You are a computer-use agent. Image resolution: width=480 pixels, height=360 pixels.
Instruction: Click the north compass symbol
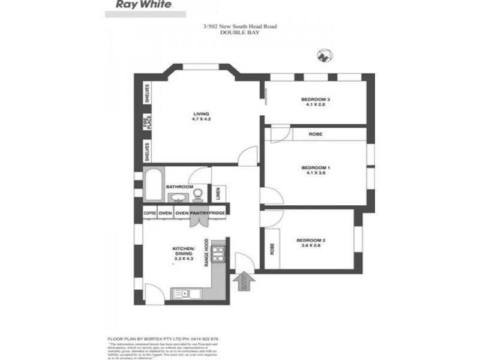[x=325, y=56]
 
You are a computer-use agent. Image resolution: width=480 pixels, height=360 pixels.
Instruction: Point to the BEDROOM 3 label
[x=316, y=99]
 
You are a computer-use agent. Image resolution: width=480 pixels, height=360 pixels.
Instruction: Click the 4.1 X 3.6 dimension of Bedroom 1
[x=316, y=173]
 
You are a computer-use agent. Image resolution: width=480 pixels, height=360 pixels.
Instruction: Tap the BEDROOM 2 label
[x=311, y=241]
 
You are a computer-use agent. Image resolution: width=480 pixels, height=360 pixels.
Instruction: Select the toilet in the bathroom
[x=197, y=193]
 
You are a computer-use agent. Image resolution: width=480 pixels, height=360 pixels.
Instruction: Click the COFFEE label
[x=149, y=213]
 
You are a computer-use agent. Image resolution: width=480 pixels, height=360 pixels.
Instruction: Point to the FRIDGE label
[x=217, y=213]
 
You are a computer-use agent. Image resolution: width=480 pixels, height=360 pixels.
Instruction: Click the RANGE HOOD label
[x=206, y=254]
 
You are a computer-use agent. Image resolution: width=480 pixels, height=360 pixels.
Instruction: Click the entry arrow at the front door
[x=245, y=281]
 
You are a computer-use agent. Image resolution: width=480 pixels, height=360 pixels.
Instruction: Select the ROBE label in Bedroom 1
[x=316, y=134]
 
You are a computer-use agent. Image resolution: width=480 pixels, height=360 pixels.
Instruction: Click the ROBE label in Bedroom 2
[x=272, y=248]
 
